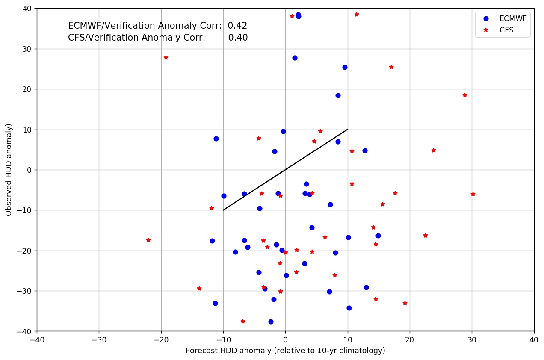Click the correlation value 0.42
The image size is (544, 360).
[237, 26]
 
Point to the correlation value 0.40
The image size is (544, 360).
[238, 38]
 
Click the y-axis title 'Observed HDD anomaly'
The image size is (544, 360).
[9, 170]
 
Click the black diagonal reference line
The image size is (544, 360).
[285, 170]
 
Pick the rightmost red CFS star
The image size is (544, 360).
[473, 194]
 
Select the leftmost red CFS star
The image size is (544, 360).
[148, 240]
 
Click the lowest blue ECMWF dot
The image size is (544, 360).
[271, 322]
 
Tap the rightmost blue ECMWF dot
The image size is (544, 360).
[378, 236]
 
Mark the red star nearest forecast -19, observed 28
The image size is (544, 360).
[166, 58]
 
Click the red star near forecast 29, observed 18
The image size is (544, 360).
[465, 95]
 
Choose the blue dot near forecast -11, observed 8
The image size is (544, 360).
[216, 139]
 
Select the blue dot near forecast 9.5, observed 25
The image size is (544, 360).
[345, 67]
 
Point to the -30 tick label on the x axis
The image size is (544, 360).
[99, 338]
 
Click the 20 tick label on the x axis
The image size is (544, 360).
[410, 338]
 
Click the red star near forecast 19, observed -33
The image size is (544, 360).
[405, 303]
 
